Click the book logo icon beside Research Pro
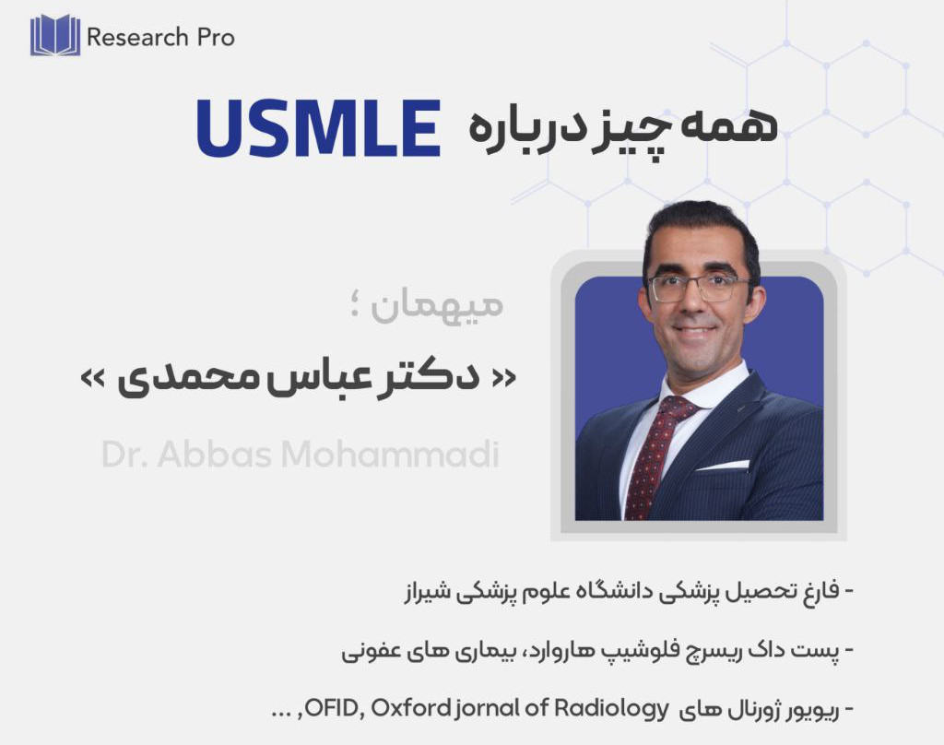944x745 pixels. click(x=54, y=35)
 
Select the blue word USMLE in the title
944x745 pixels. click(x=319, y=128)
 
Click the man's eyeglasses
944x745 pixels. click(x=698, y=288)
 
